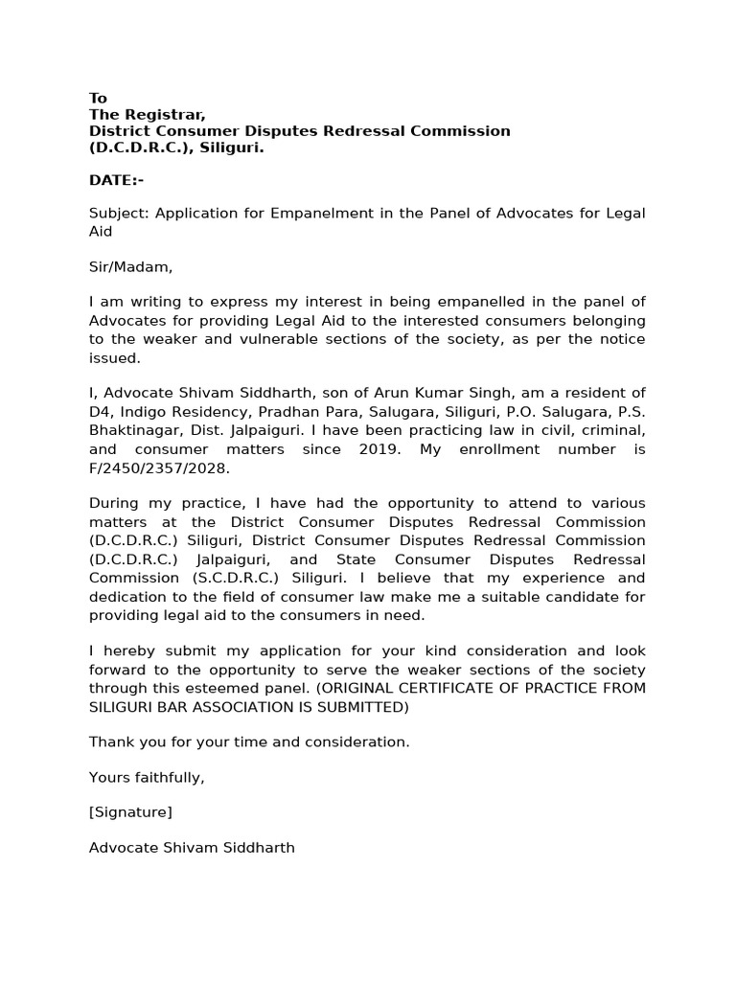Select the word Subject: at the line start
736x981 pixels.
pyautogui.click(x=118, y=213)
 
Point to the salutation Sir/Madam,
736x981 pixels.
pyautogui.click(x=130, y=267)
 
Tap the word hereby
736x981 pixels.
pyautogui.click(x=125, y=651)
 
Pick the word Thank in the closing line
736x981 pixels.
pyautogui.click(x=111, y=741)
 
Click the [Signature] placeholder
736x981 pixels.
pyautogui.click(x=130, y=812)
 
